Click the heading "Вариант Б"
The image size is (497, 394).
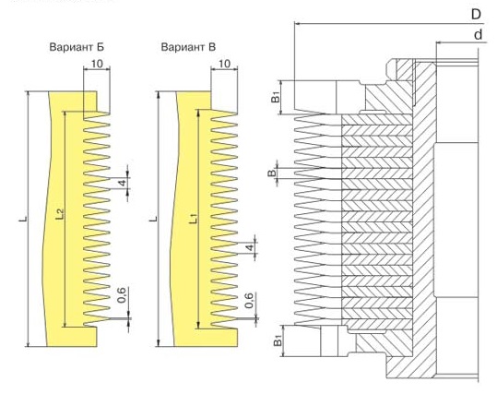point(77,47)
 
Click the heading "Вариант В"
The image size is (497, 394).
point(188,47)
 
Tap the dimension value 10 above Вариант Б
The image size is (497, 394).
point(97,64)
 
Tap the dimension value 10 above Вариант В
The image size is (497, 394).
point(224,64)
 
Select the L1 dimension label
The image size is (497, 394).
point(194,219)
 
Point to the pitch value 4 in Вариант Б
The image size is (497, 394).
point(123,182)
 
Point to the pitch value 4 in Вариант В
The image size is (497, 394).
point(251,247)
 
